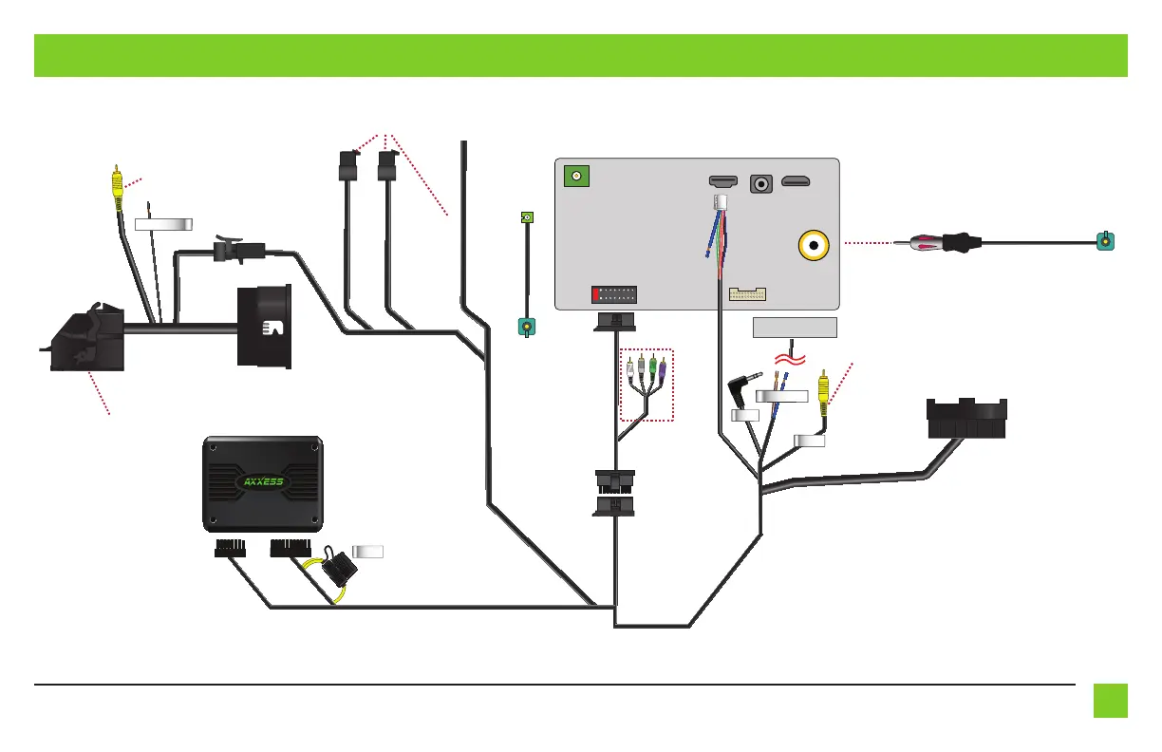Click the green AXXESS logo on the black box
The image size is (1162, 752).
(263, 479)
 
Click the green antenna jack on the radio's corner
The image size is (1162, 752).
(575, 177)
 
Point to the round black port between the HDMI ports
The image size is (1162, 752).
(761, 182)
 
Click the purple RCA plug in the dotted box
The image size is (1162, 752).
(663, 366)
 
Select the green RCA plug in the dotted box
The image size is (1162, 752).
(652, 366)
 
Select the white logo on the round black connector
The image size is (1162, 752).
(272, 329)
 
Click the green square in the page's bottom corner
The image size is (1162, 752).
(1110, 701)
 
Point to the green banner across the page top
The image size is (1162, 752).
(580, 55)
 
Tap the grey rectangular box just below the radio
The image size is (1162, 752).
(795, 328)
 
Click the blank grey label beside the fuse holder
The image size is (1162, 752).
(367, 552)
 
